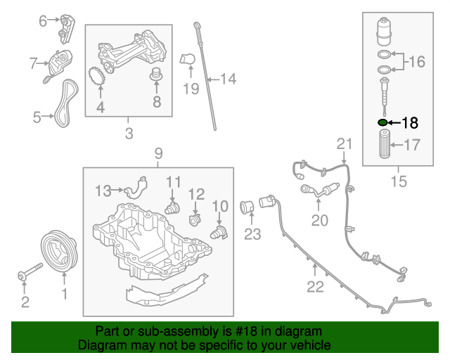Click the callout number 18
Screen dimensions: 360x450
tap(409, 122)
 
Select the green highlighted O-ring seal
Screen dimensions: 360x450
tap(383, 122)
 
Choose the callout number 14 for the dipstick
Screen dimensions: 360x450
tap(229, 79)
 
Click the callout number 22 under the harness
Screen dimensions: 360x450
tap(315, 286)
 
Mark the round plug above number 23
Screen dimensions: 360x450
tap(247, 207)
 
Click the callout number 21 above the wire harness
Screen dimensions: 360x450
tap(343, 143)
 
